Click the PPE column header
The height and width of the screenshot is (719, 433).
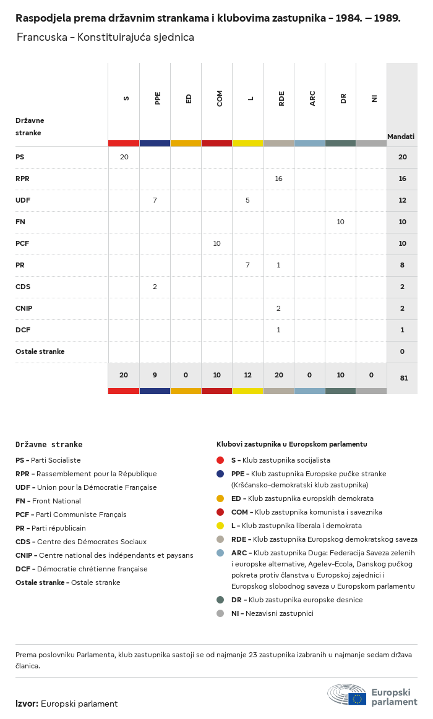click(x=158, y=98)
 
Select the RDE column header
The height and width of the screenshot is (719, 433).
click(x=281, y=98)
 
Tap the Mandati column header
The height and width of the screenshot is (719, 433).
click(x=401, y=136)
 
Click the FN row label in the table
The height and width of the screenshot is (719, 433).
click(x=20, y=222)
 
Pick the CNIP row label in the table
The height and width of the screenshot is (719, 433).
click(x=24, y=308)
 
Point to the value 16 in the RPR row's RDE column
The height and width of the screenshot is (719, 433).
click(x=279, y=179)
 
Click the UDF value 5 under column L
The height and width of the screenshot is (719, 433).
click(x=247, y=200)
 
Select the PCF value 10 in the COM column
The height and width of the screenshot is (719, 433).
click(x=216, y=243)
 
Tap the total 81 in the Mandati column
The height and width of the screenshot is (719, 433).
click(x=403, y=378)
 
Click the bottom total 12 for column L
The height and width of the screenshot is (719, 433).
click(x=247, y=375)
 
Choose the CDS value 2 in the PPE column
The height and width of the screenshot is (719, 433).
click(x=155, y=287)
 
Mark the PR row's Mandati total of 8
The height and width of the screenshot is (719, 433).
click(x=402, y=265)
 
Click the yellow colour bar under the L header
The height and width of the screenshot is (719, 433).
click(x=247, y=143)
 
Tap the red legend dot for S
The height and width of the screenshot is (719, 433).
click(x=220, y=460)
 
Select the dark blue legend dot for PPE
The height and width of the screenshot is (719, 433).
click(x=220, y=474)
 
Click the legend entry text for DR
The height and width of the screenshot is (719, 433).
click(x=297, y=600)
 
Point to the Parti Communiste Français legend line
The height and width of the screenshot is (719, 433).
click(x=71, y=515)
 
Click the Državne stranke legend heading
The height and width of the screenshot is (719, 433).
click(x=49, y=444)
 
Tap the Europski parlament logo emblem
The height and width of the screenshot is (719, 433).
click(x=347, y=695)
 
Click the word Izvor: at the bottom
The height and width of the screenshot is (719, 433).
click(x=27, y=704)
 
